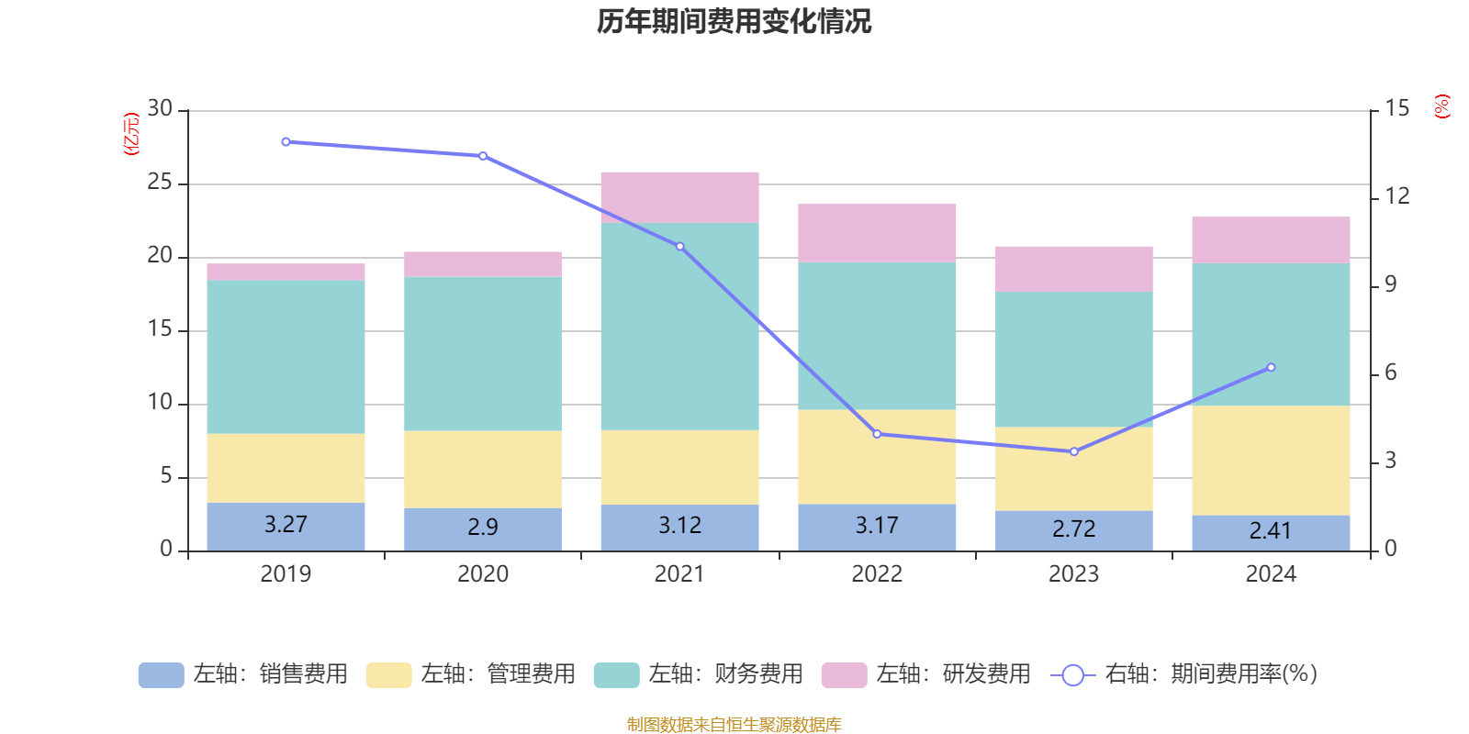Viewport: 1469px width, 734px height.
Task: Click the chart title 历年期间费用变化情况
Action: (734, 21)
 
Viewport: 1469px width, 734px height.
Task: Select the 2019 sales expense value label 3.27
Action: (286, 524)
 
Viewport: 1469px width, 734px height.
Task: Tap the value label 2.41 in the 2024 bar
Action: (1271, 530)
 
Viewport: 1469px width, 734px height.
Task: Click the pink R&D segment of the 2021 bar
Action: (679, 197)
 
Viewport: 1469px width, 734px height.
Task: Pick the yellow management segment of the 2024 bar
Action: (1271, 460)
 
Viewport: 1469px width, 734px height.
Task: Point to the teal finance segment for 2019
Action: (286, 357)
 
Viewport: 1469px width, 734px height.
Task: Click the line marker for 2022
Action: (877, 434)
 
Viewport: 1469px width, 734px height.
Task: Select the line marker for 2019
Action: (286, 142)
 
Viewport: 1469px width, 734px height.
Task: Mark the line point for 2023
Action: (1074, 451)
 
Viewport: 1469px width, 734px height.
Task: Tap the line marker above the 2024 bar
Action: (1271, 368)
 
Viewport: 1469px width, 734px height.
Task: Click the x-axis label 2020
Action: (483, 574)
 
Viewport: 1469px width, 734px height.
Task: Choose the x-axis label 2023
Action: (1074, 574)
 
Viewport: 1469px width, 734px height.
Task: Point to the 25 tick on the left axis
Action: (160, 183)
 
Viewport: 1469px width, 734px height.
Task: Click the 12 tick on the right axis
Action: (1397, 195)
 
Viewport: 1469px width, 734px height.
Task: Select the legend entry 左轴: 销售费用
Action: (243, 674)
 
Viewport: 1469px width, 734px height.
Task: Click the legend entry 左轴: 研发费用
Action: (926, 674)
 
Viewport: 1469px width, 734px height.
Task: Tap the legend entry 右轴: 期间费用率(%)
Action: (1183, 674)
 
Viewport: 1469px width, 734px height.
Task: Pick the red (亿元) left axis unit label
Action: (131, 134)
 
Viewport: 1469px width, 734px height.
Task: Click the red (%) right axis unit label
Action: (1442, 106)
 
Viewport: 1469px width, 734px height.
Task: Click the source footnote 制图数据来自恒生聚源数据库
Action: (734, 725)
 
